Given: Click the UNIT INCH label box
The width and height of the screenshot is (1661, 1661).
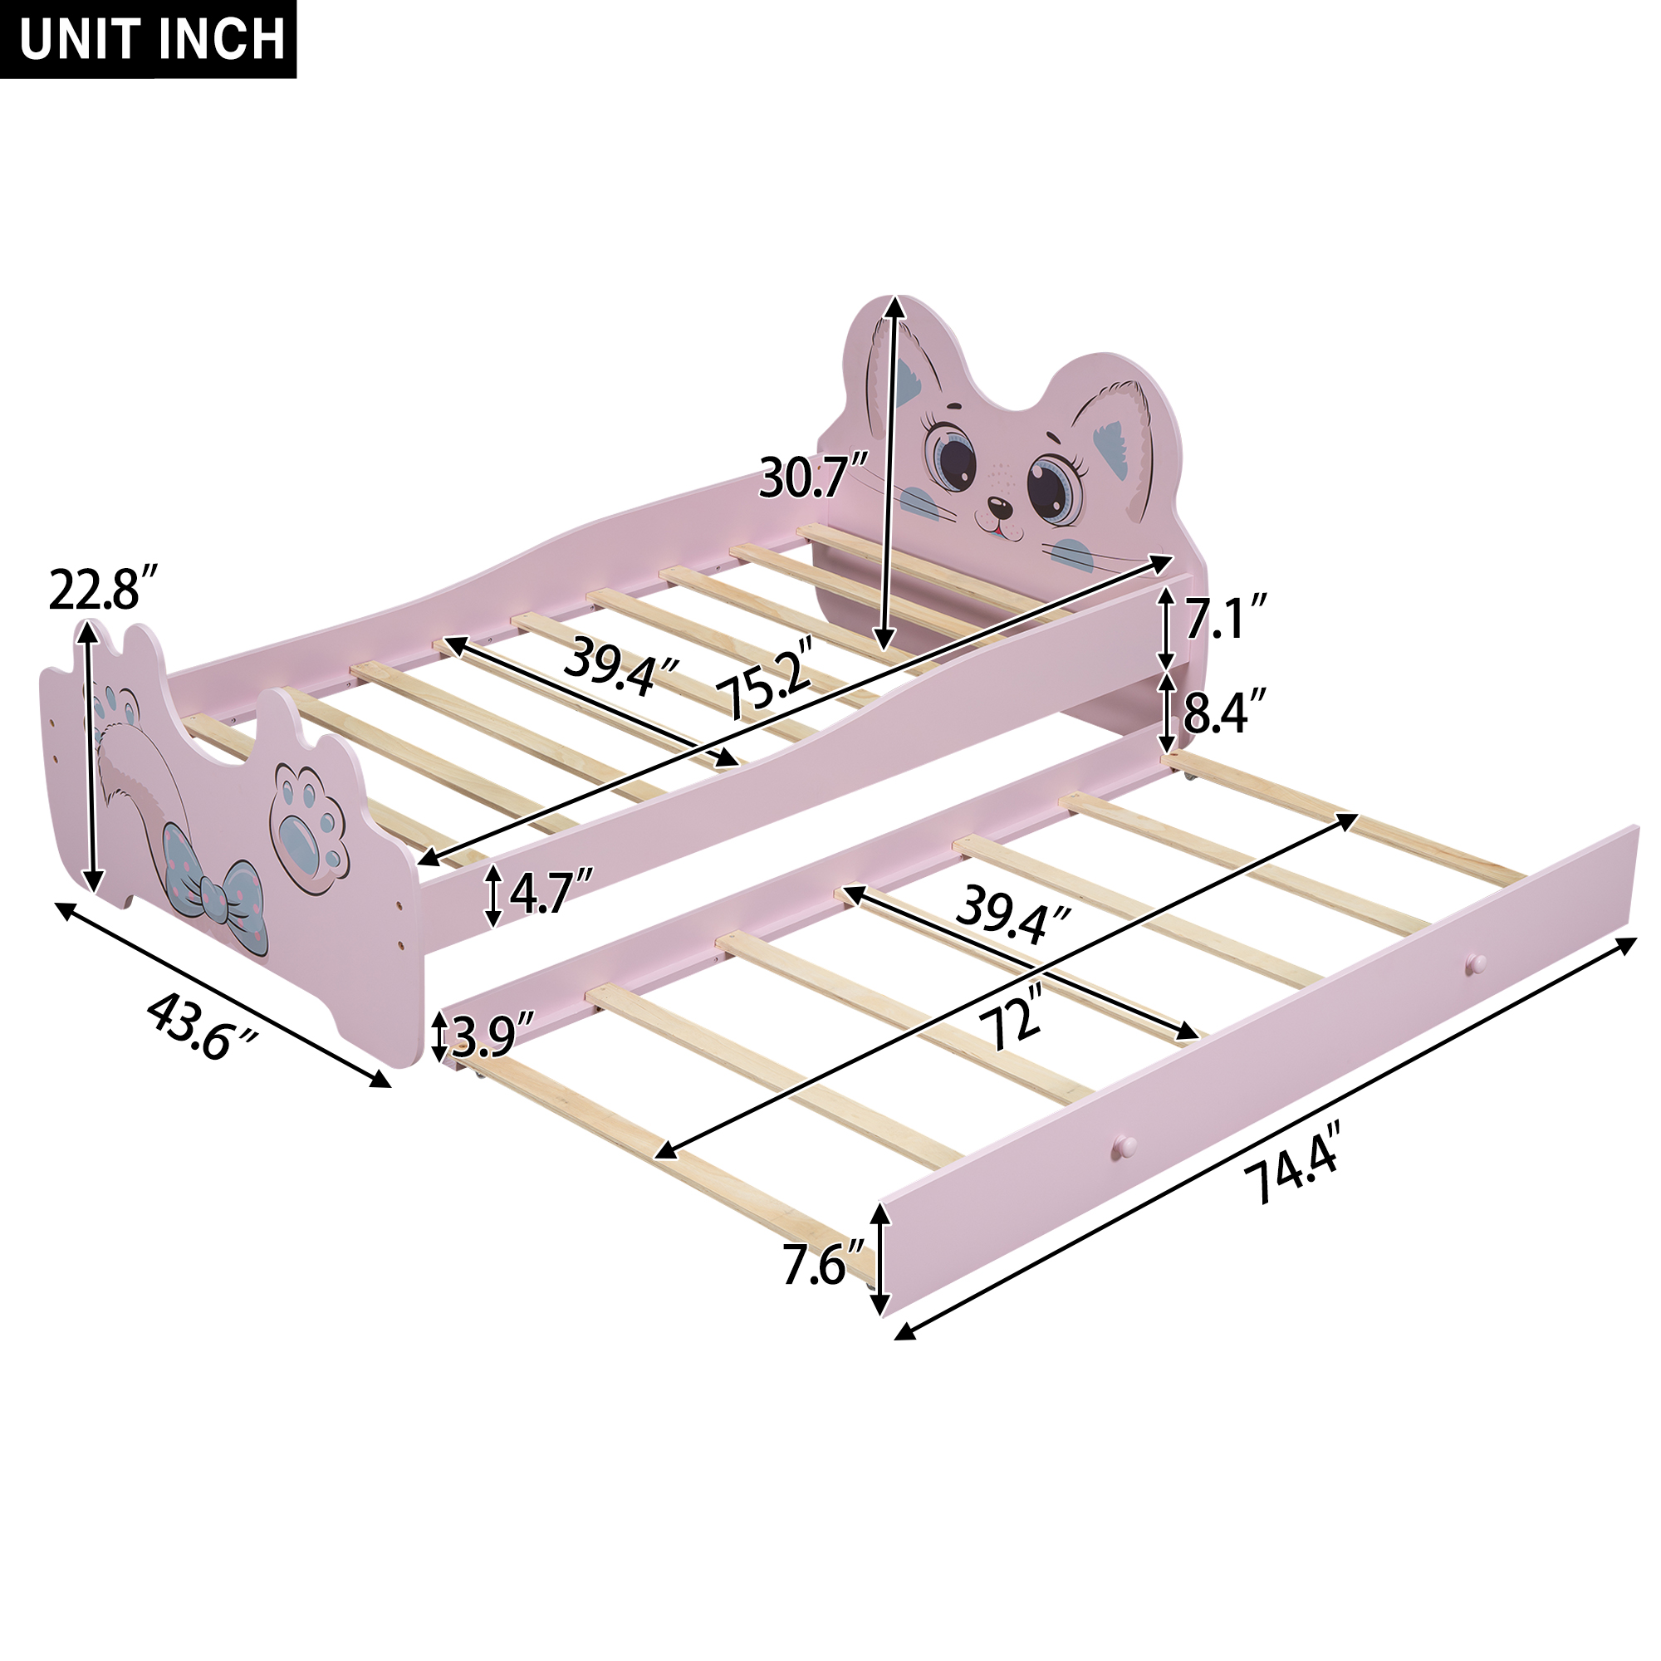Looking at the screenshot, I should (x=148, y=39).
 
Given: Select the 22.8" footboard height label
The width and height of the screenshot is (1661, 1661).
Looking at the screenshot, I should (x=104, y=590).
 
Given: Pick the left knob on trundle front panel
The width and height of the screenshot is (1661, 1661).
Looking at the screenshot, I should (x=1123, y=1147).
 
